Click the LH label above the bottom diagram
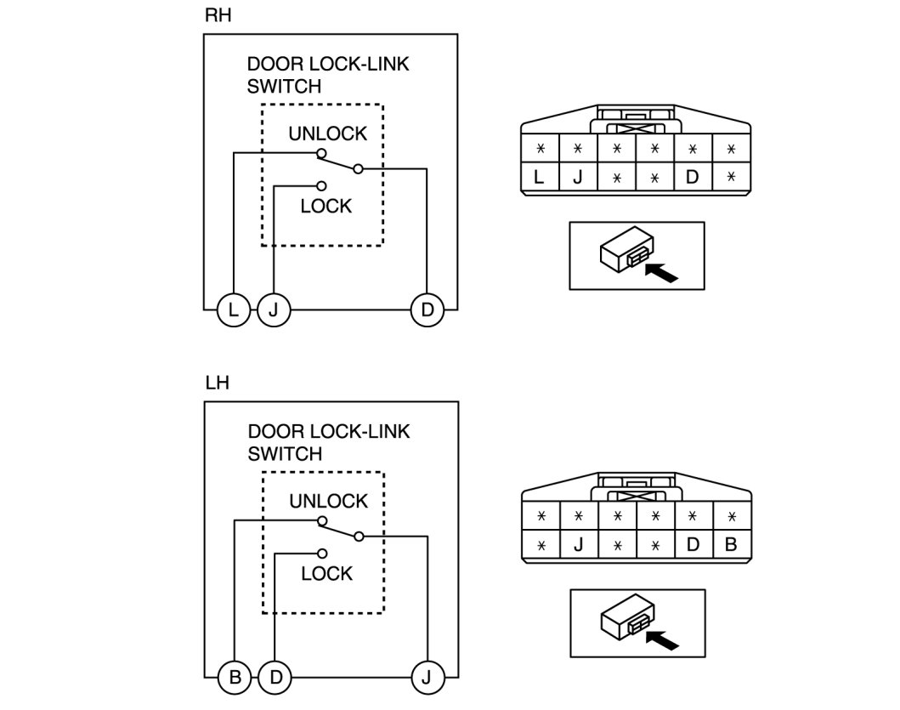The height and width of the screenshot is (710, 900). click(217, 383)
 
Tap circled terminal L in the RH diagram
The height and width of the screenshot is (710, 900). click(232, 310)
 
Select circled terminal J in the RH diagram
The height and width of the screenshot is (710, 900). click(273, 310)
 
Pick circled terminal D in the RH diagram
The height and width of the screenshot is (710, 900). click(427, 310)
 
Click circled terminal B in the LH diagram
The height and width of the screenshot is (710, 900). click(235, 679)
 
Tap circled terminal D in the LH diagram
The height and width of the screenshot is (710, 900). click(275, 679)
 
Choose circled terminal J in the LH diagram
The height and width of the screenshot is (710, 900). click(427, 679)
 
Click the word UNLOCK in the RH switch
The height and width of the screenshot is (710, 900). click(327, 133)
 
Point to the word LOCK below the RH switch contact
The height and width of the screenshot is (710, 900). click(325, 206)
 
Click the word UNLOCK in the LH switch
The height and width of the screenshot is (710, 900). click(328, 501)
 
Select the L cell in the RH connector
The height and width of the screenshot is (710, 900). click(539, 178)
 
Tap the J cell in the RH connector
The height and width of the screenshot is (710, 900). click(577, 178)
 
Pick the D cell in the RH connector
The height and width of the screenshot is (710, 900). click(693, 178)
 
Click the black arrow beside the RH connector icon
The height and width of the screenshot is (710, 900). click(663, 273)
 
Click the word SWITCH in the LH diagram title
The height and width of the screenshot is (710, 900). click(285, 454)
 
